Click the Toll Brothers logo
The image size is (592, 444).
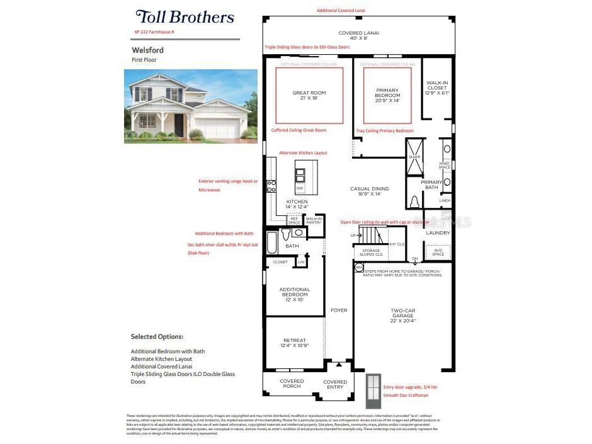(185, 17)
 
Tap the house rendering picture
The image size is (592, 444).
(190, 105)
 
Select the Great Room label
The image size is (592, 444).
(309, 96)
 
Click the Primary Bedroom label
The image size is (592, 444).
(387, 95)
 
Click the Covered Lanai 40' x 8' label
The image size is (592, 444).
(358, 36)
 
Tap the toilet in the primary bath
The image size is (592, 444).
(414, 202)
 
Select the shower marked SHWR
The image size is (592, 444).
(414, 166)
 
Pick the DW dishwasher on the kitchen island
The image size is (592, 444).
(300, 188)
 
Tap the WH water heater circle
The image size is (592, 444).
(358, 268)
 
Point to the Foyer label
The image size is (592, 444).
(339, 310)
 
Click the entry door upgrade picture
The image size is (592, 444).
(374, 390)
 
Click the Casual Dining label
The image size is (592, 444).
(370, 191)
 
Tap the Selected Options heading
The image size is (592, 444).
(157, 337)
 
